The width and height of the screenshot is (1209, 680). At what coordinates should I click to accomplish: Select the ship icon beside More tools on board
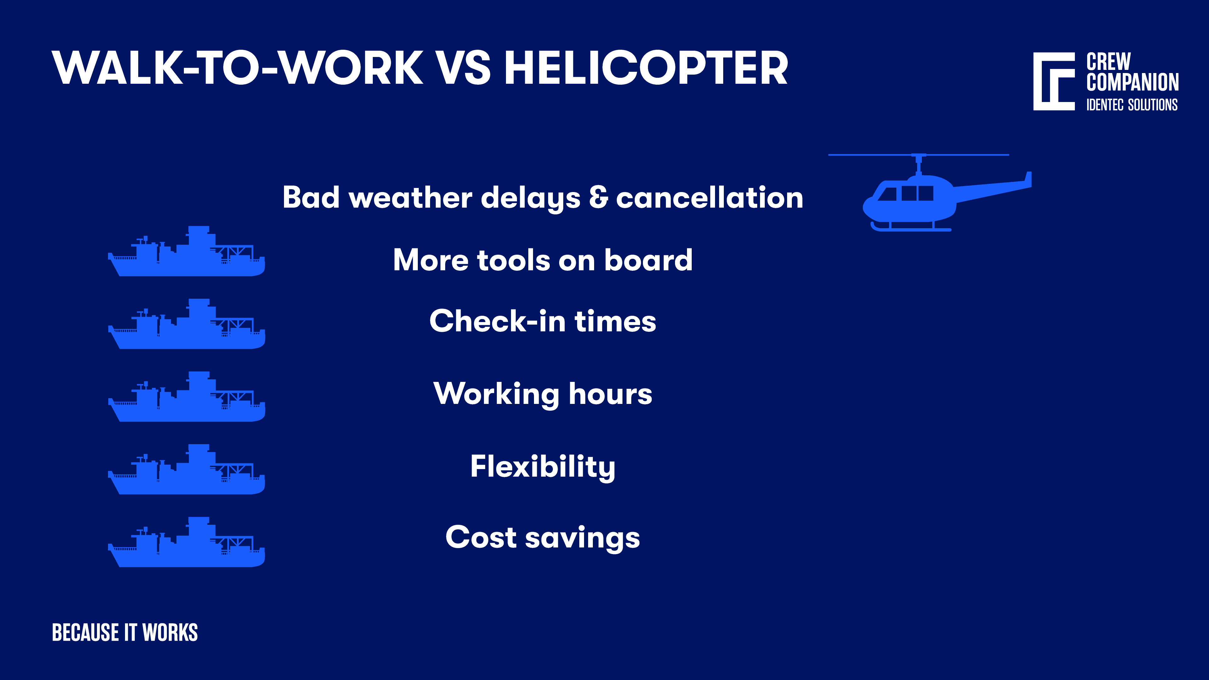coord(186,256)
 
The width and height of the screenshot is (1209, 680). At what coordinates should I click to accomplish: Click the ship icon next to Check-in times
coord(186,328)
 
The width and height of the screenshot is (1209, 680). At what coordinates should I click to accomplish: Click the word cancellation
coord(710,198)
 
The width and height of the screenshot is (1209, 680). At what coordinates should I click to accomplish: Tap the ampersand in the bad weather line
coord(599,198)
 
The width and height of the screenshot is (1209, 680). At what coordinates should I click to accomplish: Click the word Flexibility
coord(542,467)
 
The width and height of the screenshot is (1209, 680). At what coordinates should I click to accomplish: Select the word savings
coord(582,538)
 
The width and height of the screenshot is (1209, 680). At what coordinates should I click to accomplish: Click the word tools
coord(513,260)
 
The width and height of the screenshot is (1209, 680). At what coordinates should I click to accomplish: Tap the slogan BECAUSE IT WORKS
coord(125,632)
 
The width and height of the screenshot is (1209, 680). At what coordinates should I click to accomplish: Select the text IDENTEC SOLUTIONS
coord(1132,105)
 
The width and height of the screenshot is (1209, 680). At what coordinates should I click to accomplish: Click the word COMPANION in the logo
coord(1132,82)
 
